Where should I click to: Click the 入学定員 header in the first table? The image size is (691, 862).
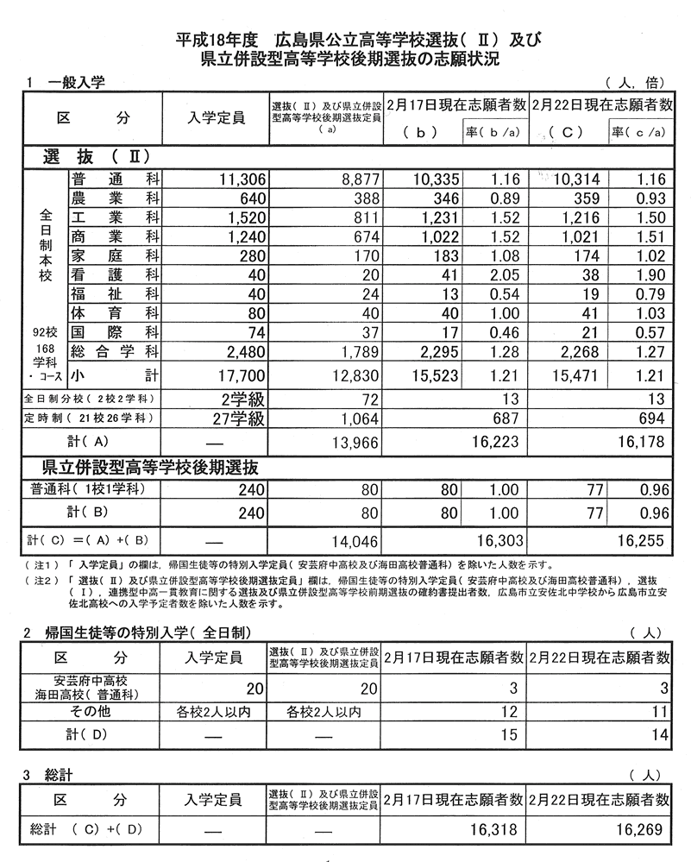pyautogui.click(x=217, y=116)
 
